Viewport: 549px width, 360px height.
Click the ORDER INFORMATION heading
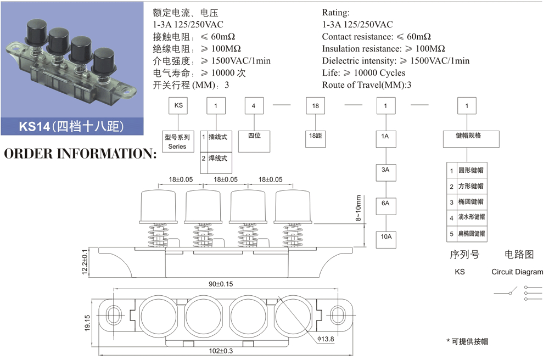coord(80,153)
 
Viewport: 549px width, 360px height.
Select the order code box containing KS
coord(178,106)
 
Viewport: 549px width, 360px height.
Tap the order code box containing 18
coord(315,106)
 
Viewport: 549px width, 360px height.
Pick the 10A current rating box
coord(386,237)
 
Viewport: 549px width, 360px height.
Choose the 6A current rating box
coord(386,203)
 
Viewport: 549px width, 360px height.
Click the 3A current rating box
coord(386,170)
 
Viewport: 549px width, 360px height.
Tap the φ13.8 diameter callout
coord(325,339)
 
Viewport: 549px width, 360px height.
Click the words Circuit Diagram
coord(517,272)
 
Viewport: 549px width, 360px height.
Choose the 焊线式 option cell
coord(217,159)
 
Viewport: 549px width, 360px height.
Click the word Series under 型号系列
coord(177,147)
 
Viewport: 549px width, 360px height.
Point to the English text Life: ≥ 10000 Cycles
coord(363,73)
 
